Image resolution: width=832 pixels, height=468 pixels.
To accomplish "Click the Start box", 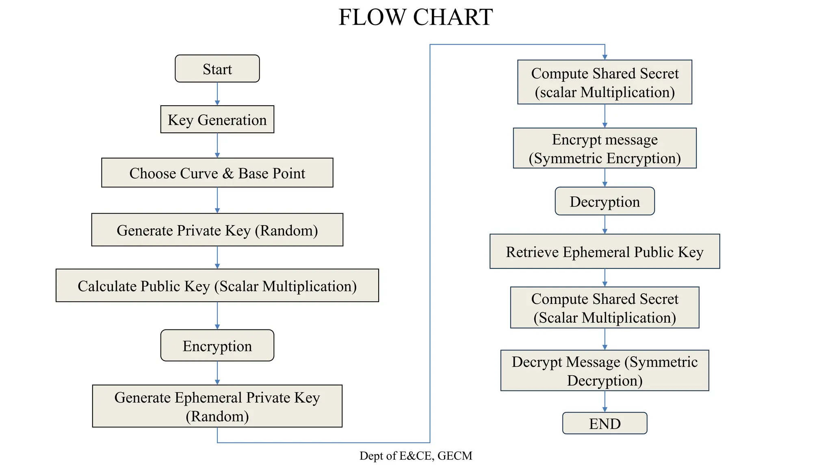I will (x=217, y=69).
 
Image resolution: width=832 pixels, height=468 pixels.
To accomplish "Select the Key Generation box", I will (x=217, y=119).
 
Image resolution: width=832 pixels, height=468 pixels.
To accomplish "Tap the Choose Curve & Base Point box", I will (x=217, y=173).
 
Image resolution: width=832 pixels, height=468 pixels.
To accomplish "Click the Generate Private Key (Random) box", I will (x=217, y=230).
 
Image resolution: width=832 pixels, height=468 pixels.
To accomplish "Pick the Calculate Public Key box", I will (x=217, y=286).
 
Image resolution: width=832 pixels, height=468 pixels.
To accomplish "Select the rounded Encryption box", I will (x=217, y=346).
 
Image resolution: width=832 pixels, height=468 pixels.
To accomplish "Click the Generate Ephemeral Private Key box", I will (x=217, y=406).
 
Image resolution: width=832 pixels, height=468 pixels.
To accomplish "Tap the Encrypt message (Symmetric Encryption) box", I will (x=604, y=148).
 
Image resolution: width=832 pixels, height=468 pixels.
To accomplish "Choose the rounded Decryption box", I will (x=604, y=201).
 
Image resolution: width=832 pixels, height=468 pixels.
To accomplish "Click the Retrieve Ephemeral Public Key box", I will (x=604, y=251).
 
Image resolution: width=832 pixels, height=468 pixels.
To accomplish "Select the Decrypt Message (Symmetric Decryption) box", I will (x=604, y=370).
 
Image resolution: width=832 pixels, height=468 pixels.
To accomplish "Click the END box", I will (x=604, y=423).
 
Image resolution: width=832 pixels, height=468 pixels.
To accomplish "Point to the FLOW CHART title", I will (x=416, y=17).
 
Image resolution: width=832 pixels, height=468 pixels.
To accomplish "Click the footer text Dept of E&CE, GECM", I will (x=416, y=456).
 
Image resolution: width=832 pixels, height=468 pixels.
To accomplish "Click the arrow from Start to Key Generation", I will (x=217, y=94).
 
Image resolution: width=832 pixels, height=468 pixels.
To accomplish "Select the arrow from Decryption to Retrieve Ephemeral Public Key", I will (x=604, y=224).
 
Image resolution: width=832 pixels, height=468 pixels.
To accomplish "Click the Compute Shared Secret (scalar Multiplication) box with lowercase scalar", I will (x=604, y=82).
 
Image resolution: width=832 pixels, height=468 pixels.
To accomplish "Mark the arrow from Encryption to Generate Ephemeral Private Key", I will (x=217, y=373).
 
